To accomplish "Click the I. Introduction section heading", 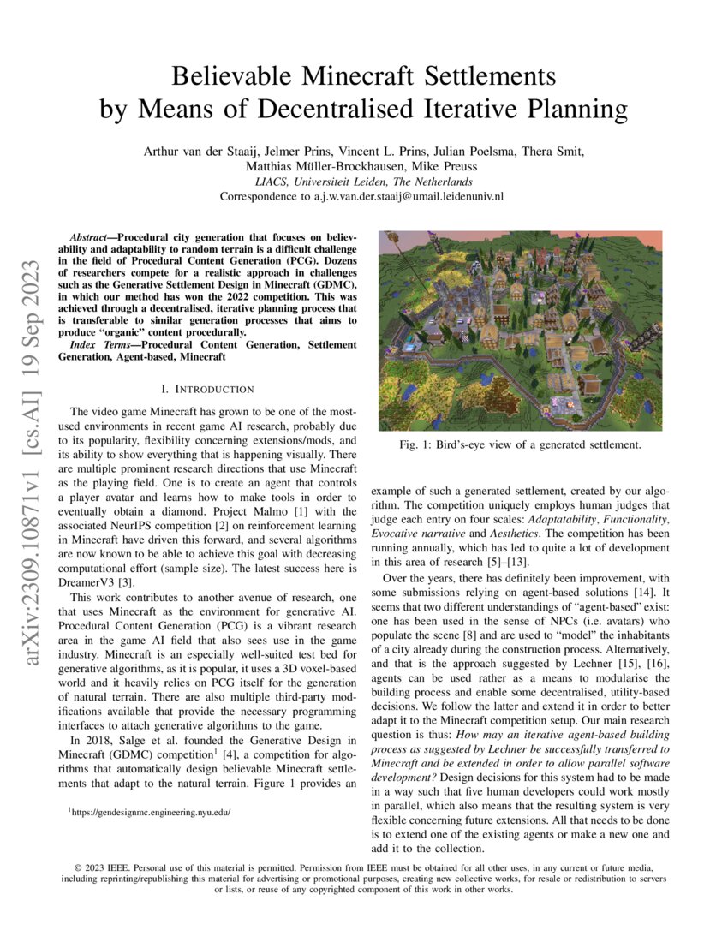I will coord(200,389).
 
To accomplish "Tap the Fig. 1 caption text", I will coord(520,444).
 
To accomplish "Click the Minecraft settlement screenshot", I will coord(520,330).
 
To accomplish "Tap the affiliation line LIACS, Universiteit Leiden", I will coord(363,182).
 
